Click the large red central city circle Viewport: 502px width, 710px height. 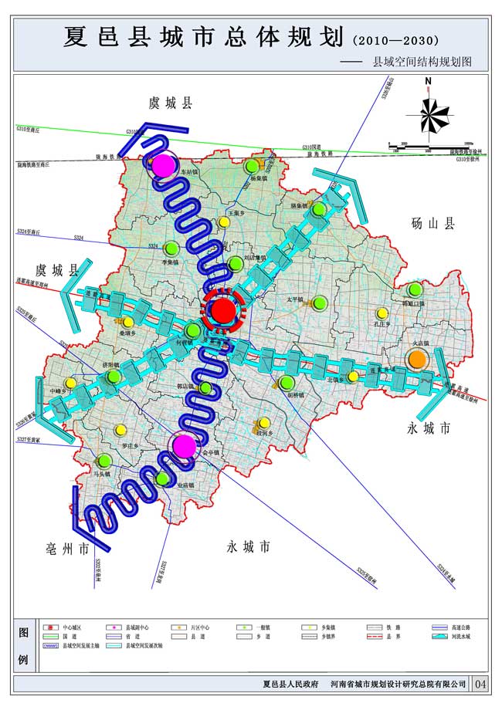[223, 311]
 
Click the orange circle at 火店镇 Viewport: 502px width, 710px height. [417, 359]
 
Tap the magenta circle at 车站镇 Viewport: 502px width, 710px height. [164, 165]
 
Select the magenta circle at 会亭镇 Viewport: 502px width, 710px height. [184, 445]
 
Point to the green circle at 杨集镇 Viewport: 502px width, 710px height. [252, 167]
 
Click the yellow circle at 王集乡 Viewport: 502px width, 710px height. [224, 222]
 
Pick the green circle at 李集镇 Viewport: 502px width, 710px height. [171, 248]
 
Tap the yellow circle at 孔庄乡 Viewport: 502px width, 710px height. [382, 313]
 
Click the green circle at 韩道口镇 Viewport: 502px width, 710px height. [416, 290]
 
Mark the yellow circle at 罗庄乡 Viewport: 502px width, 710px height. [120, 431]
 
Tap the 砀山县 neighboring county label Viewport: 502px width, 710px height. [433, 224]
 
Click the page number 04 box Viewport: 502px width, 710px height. [480, 684]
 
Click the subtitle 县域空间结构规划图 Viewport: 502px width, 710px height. [422, 60]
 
